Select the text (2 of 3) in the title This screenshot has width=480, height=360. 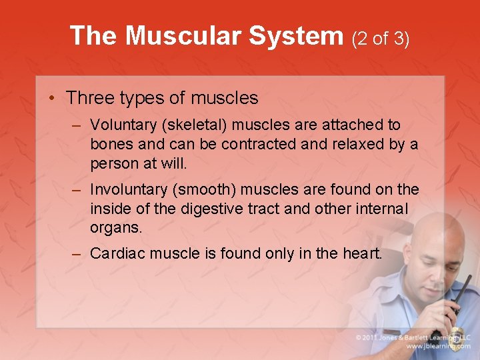(381, 38)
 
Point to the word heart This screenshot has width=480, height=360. (363, 253)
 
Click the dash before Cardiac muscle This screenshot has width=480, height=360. (78, 254)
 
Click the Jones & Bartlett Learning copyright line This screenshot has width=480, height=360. (414, 337)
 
